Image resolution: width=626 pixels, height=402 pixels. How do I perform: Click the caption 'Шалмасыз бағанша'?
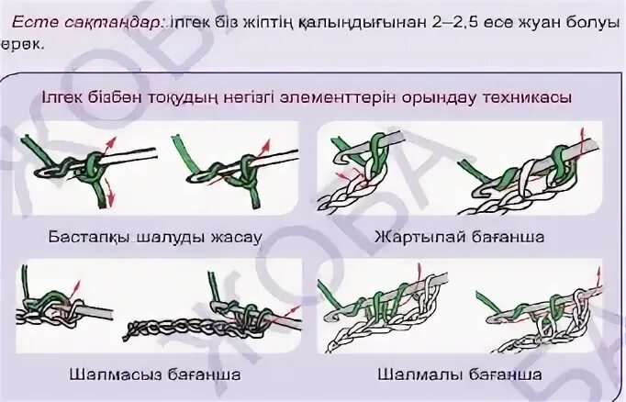[155, 374]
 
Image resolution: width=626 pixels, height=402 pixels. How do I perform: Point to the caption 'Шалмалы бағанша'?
[460, 374]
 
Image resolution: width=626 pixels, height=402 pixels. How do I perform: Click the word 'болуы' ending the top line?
[591, 23]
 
